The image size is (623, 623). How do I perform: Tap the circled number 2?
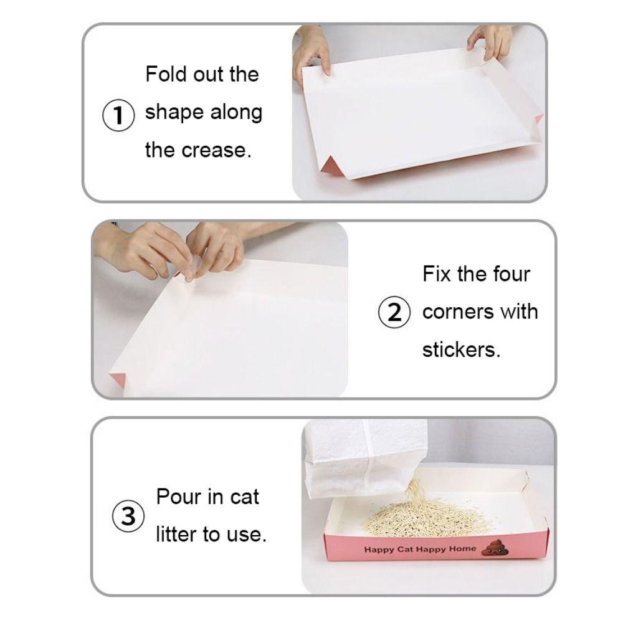point(394,311)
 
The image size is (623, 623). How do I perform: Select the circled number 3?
point(128,516)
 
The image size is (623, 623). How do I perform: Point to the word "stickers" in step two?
point(461,350)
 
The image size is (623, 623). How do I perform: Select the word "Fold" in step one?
point(166,74)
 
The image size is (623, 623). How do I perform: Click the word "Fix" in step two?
point(437,273)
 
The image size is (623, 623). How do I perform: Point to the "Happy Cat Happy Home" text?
point(420,549)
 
